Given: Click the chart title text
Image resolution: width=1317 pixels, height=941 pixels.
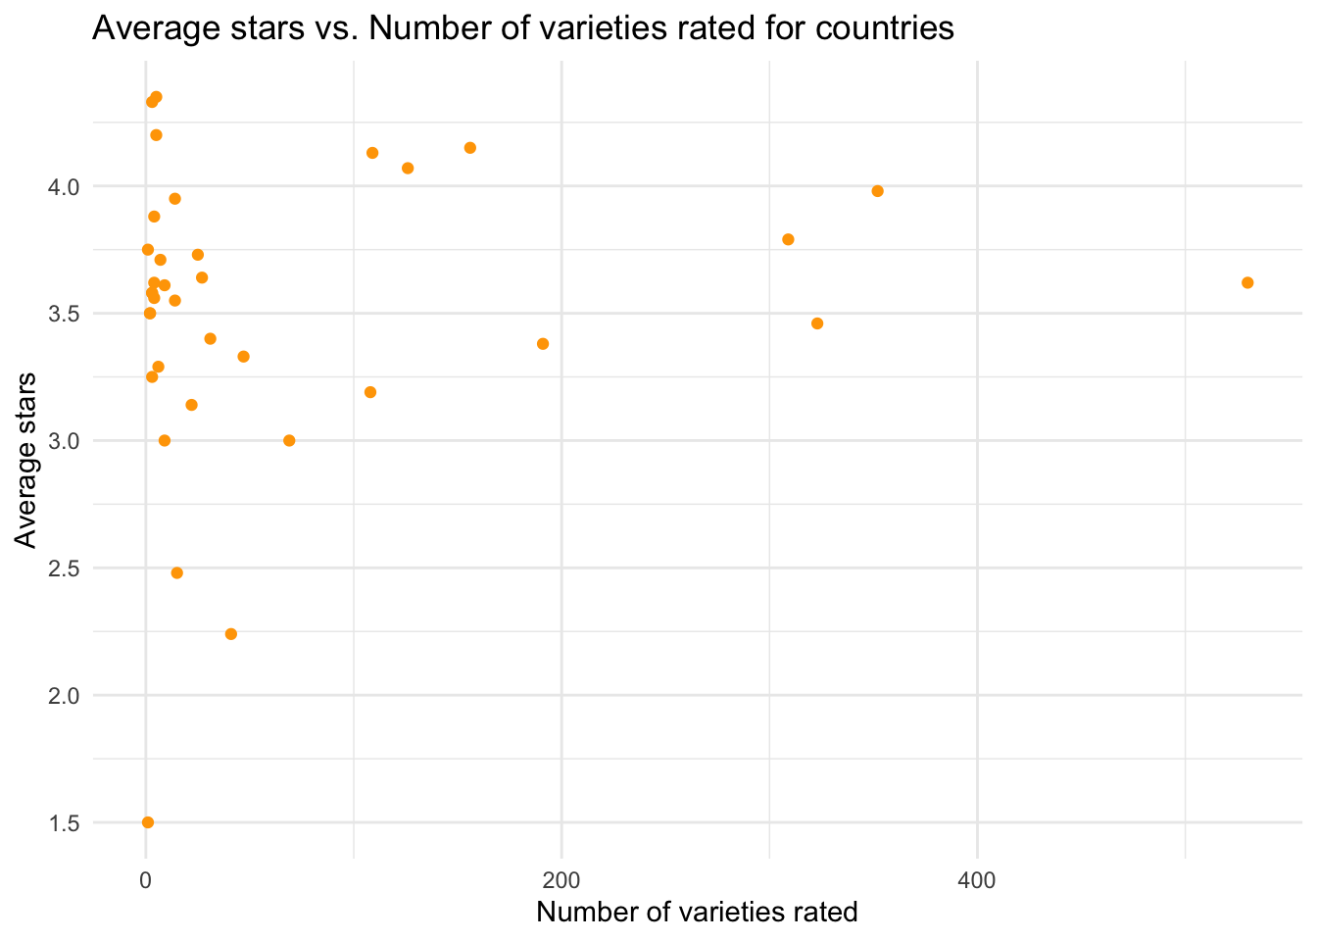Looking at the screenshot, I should tap(522, 28).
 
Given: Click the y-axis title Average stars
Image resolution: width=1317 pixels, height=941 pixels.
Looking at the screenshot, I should tap(26, 460).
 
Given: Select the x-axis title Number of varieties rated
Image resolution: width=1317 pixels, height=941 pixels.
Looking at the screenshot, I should tap(697, 912).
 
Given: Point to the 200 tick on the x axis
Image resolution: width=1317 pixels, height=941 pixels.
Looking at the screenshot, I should tap(561, 880).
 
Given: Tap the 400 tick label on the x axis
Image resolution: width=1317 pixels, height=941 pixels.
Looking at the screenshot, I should tap(977, 880).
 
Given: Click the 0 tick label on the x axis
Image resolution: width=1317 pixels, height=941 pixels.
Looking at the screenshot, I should tap(146, 880).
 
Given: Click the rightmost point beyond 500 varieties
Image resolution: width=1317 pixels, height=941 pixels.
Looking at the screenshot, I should tap(1247, 282).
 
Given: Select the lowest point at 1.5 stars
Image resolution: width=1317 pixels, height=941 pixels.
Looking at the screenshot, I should tap(148, 822).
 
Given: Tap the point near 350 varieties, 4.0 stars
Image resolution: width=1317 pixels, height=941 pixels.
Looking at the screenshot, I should tap(877, 191).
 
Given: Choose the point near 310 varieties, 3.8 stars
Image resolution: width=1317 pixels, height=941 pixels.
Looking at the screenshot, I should tap(788, 239).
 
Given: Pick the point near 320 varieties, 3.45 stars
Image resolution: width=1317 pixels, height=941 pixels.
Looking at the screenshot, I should tap(817, 323).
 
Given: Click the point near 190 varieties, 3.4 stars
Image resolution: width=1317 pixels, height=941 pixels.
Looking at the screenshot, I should tap(543, 344).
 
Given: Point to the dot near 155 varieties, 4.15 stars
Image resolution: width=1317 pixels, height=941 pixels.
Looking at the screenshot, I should tap(470, 148).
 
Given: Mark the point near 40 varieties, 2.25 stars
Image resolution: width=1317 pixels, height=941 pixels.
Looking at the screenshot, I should tap(231, 634).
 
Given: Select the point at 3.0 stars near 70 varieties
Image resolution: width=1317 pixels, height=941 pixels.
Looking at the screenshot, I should tap(289, 440).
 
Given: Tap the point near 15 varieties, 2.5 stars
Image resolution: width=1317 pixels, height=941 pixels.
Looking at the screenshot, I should tap(177, 572).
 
